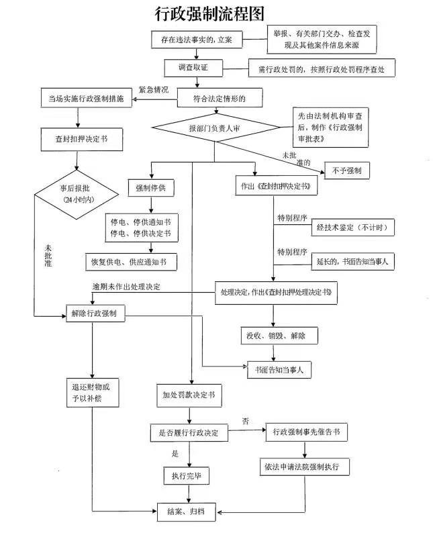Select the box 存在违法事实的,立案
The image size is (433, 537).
point(196,40)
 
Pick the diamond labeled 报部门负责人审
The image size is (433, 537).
point(215,128)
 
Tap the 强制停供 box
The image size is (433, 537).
point(151,189)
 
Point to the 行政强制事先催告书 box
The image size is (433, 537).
point(306,432)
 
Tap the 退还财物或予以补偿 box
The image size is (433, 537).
point(95,394)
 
